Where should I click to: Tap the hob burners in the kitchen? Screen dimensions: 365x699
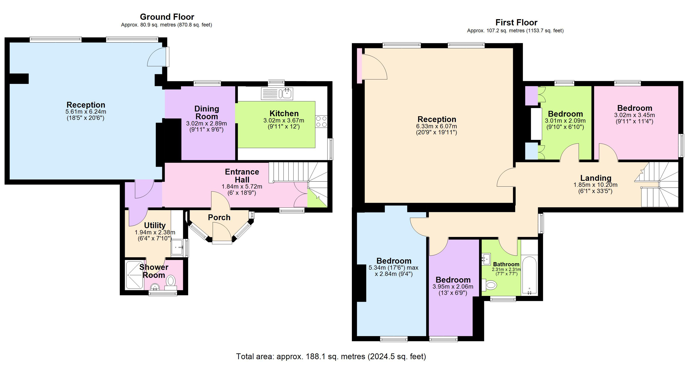pyautogui.click(x=321, y=121)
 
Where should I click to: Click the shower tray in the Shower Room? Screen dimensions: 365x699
pyautogui.click(x=135, y=275)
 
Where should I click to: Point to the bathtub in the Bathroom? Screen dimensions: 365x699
pyautogui.click(x=529, y=275)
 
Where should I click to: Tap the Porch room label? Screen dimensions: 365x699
pyautogui.click(x=219, y=217)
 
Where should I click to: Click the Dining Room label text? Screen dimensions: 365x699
pyautogui.click(x=207, y=112)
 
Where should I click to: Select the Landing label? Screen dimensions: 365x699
pyautogui.click(x=596, y=178)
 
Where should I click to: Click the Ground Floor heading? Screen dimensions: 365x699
pyautogui.click(x=167, y=17)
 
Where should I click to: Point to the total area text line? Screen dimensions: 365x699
pyautogui.click(x=331, y=356)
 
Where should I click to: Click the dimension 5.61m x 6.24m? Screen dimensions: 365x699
pyautogui.click(x=86, y=111)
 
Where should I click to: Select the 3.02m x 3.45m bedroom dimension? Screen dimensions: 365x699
pyautogui.click(x=634, y=115)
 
